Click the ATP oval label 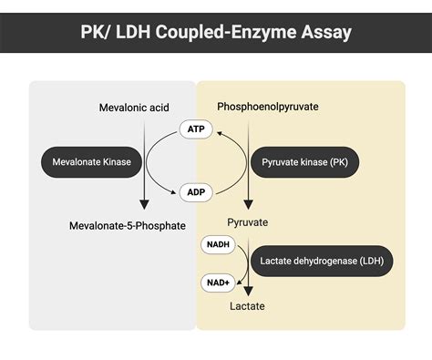pos(195,130)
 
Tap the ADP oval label pos(195,192)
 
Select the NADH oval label pos(218,245)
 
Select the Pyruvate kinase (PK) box pos(304,162)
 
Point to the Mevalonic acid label pos(134,108)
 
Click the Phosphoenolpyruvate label pos(267,107)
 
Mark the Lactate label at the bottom pos(246,306)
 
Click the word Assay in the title pos(324,34)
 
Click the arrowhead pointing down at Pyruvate pos(248,205)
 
